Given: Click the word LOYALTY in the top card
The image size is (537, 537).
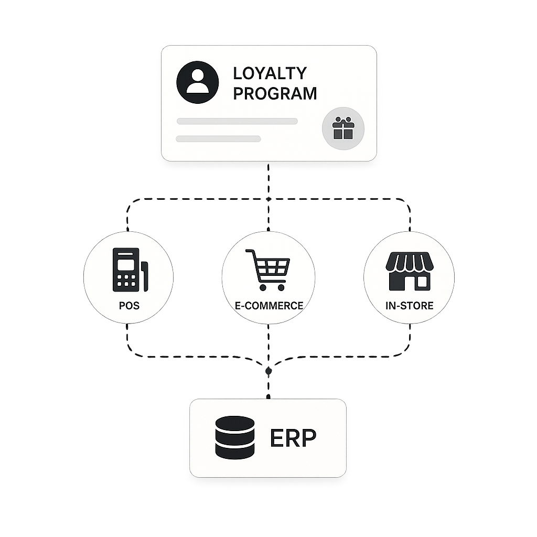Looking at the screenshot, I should pyautogui.click(x=270, y=73).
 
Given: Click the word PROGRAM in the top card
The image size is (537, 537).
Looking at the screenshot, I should pyautogui.click(x=275, y=93).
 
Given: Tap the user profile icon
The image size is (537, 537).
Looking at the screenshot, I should pyautogui.click(x=197, y=82).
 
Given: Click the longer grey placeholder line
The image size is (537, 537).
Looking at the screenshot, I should pyautogui.click(x=237, y=121).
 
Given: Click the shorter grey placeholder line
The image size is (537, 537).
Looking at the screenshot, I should pyautogui.click(x=219, y=139).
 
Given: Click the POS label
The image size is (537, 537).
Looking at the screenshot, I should pyautogui.click(x=129, y=305).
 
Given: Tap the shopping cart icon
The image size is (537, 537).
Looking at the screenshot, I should pyautogui.click(x=267, y=270).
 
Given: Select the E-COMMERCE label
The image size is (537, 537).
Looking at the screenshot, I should pyautogui.click(x=268, y=305).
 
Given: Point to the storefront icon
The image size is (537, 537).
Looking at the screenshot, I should pyautogui.click(x=409, y=271).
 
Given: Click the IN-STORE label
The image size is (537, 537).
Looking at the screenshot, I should pyautogui.click(x=409, y=305).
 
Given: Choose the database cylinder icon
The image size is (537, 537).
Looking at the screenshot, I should pyautogui.click(x=234, y=437).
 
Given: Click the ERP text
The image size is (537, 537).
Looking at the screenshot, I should pyautogui.click(x=293, y=438).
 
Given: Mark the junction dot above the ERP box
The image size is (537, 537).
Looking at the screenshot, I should pyautogui.click(x=268, y=371).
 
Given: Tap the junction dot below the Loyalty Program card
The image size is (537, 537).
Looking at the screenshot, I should pyautogui.click(x=268, y=199).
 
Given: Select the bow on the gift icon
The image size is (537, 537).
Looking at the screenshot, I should pyautogui.click(x=343, y=122).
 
